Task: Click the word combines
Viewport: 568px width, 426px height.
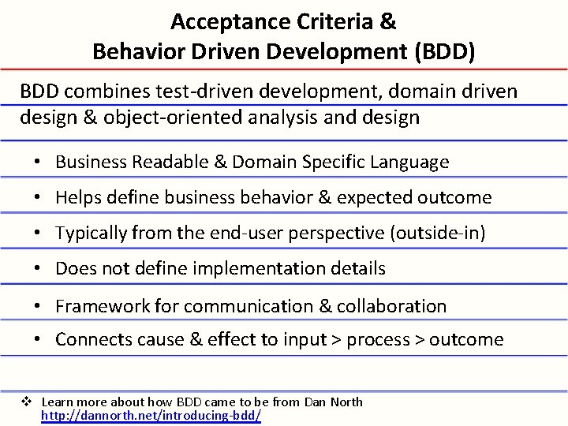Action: [103, 92]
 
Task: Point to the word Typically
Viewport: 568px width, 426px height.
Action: [92, 233]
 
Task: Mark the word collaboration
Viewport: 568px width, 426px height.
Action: [394, 305]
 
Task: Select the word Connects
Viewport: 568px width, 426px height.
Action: [91, 339]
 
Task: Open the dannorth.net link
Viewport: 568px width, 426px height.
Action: [151, 414]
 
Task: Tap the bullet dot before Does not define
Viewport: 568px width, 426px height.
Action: [37, 268]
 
